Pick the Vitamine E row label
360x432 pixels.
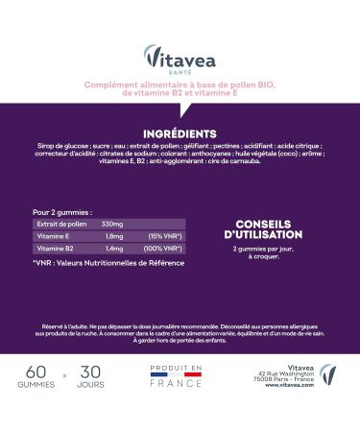click(54, 235)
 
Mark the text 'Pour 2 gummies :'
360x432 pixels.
click(63, 211)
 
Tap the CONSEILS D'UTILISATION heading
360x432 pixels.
click(263, 228)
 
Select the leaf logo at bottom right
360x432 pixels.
click(329, 374)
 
